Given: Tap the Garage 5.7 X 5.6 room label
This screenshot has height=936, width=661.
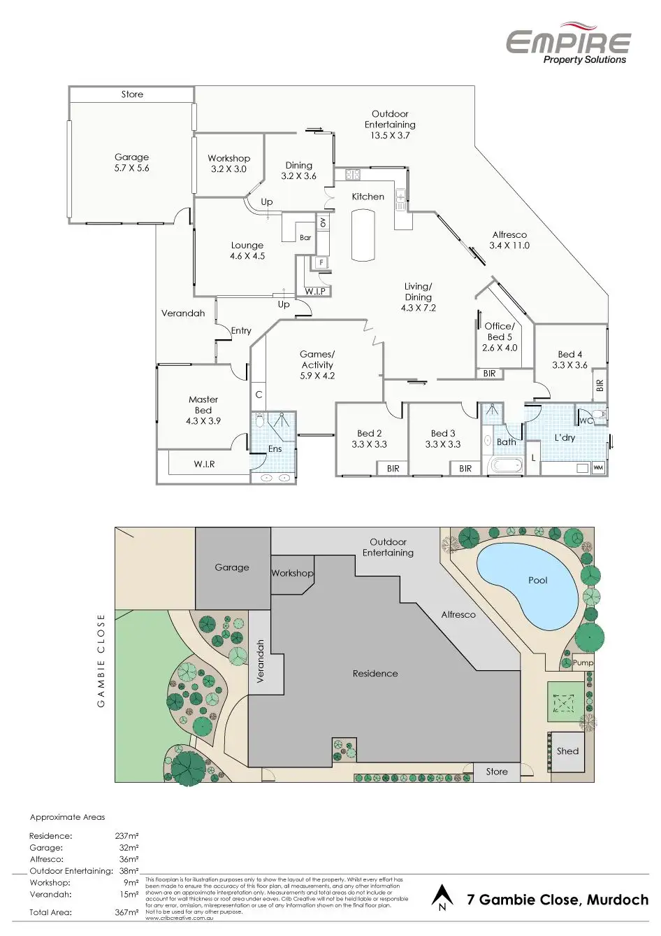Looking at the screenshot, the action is point(131,162).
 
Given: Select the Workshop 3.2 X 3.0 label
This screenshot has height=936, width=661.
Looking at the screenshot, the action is point(228,164).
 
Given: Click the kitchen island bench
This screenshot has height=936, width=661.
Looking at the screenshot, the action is point(363,235).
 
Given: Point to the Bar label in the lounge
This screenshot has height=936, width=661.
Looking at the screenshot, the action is point(305,238).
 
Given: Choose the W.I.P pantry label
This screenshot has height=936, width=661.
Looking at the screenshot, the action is point(315,291).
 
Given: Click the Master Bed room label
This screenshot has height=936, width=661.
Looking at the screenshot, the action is point(203,410).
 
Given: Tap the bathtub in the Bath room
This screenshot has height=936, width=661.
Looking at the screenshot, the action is point(506,465).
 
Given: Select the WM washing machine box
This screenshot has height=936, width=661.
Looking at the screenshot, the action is point(598,467).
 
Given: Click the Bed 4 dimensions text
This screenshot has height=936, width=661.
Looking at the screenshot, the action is point(569,365).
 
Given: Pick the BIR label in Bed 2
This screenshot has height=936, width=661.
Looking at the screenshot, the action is point(393,469).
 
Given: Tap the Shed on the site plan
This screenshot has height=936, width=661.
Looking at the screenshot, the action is point(567,752).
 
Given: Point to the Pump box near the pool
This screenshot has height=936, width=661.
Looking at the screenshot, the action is point(583,662).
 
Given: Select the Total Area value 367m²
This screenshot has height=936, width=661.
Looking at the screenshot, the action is point(126,912).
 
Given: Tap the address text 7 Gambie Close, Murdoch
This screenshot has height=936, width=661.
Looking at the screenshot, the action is point(557,900).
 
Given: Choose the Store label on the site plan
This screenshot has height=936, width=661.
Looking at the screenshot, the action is point(497,772).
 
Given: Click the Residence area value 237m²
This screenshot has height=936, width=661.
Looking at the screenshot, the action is point(126,836).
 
